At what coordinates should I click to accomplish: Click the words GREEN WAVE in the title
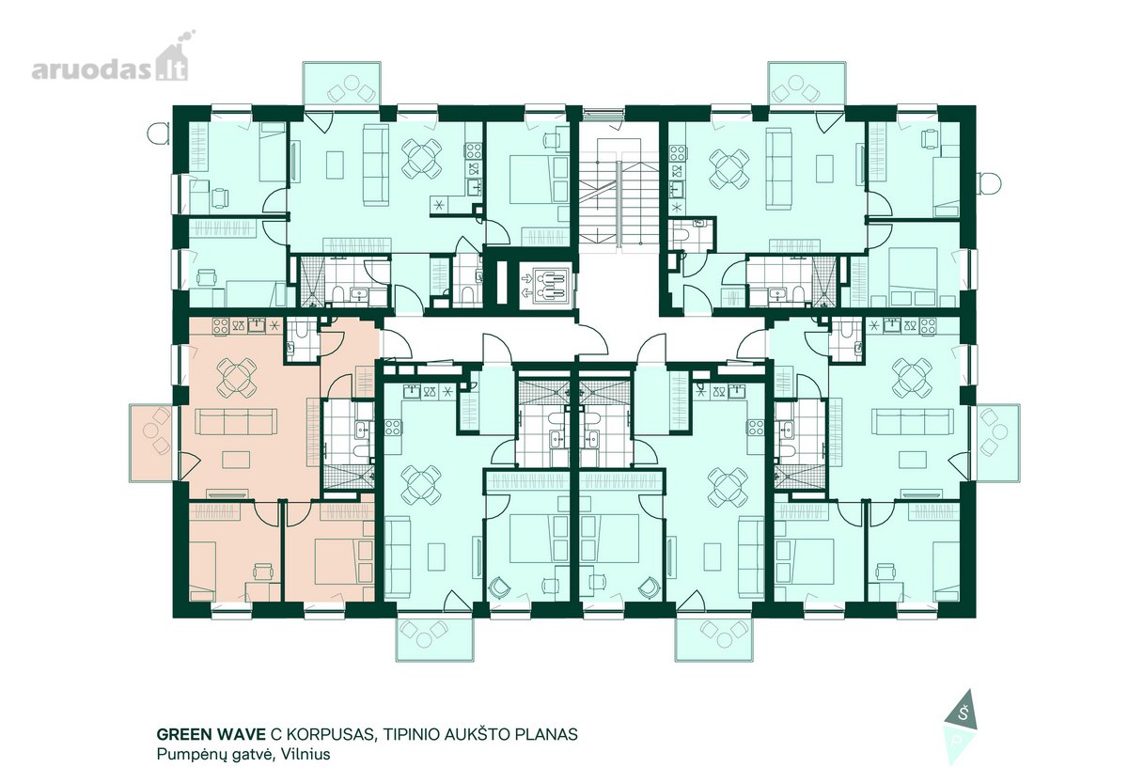(x=211, y=734)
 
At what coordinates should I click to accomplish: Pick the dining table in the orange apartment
(x=237, y=377)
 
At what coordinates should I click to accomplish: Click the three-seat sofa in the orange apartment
(x=236, y=422)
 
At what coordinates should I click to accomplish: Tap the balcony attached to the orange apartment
(x=151, y=443)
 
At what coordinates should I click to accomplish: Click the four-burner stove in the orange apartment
(x=220, y=325)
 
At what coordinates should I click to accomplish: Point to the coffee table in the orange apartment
(x=237, y=461)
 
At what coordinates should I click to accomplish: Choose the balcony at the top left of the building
(x=342, y=84)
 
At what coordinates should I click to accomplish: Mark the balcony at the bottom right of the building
(x=714, y=639)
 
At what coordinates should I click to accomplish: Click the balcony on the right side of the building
(x=998, y=443)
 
